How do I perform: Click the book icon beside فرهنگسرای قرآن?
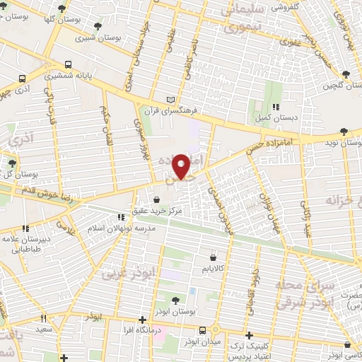click(169, 99)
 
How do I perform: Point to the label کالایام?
click(212, 269)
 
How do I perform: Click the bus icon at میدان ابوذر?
click(203, 330)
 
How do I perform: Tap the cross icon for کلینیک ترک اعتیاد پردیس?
click(248, 334)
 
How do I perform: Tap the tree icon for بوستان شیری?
click(98, 26)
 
